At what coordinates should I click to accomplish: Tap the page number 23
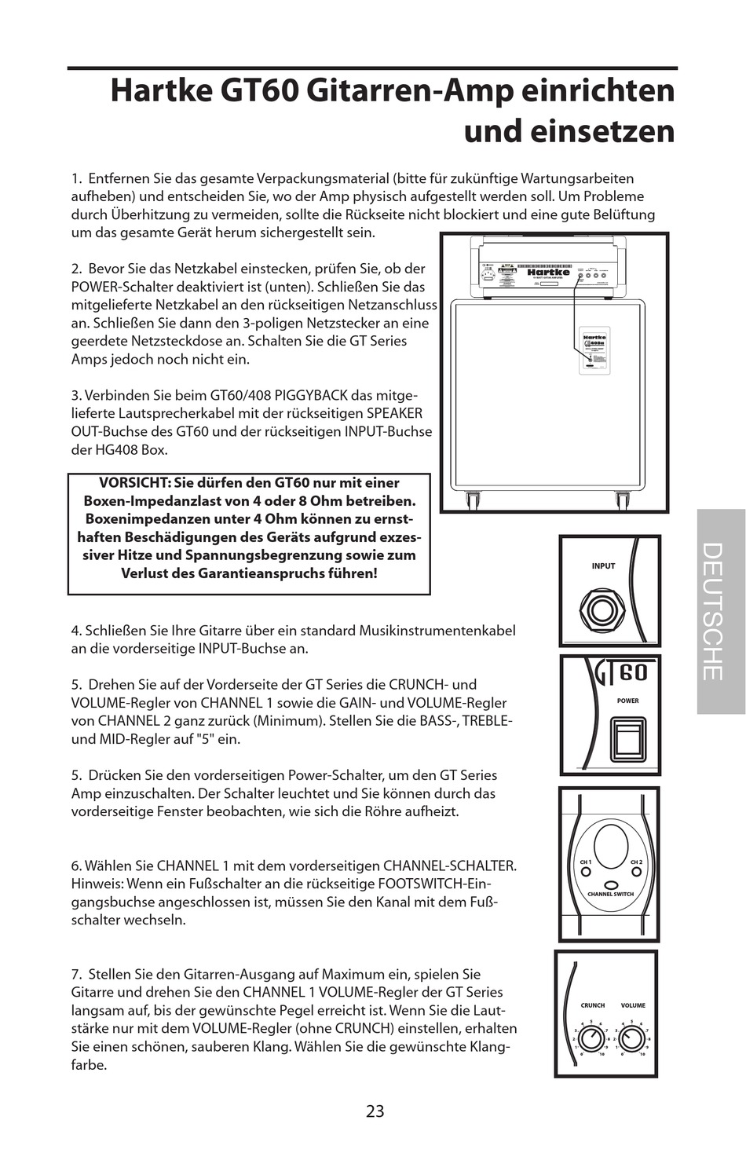point(375,1111)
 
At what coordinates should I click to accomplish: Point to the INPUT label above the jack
point(603,566)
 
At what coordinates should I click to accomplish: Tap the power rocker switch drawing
point(627,741)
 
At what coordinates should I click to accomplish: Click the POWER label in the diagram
point(627,701)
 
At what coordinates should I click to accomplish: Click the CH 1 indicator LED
point(586,872)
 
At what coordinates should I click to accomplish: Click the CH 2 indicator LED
point(636,872)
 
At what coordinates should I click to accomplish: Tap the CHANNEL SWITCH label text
point(610,894)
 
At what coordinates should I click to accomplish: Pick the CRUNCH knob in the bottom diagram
point(592,1039)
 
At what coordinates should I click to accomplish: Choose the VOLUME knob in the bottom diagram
point(633,1039)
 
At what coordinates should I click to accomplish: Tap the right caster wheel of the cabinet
point(623,500)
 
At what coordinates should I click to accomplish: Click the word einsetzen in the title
point(569,130)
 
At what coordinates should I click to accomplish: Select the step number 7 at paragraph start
point(75,975)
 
